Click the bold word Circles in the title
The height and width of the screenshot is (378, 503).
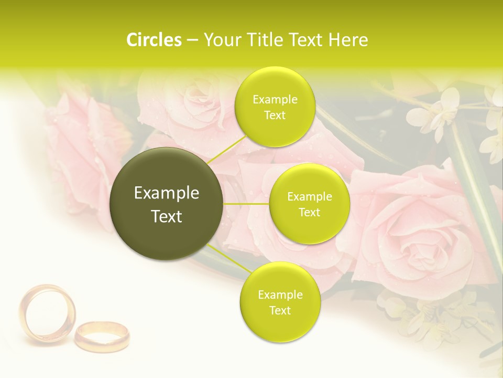point(154,40)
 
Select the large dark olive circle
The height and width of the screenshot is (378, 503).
point(167,204)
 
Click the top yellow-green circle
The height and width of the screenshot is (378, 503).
point(275,107)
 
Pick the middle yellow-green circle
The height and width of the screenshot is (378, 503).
point(310,204)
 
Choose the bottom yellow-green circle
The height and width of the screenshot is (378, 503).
point(280,302)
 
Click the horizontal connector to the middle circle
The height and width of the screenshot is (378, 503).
point(246,204)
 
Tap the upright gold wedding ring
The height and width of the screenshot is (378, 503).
point(47,313)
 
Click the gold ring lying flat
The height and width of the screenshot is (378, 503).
point(102,335)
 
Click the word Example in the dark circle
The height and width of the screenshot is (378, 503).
point(167,193)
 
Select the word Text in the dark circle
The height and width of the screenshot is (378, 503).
point(167,216)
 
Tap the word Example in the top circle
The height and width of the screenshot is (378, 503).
point(275,100)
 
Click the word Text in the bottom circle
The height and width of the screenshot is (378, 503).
point(280,310)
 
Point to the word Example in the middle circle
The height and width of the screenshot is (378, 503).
point(310,197)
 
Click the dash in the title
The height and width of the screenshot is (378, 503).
point(192,40)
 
